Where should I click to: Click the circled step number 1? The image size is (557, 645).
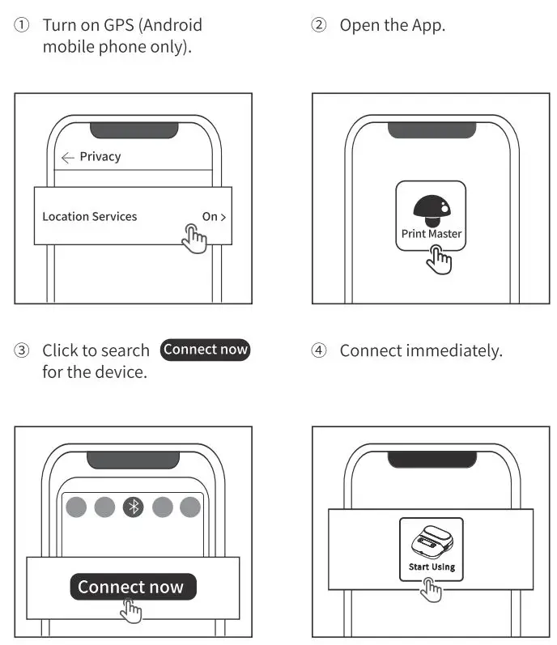tap(22, 26)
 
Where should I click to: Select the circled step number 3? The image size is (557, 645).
tap(22, 351)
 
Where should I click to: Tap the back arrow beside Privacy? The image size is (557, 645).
tap(67, 158)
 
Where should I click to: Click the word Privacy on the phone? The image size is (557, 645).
tap(100, 157)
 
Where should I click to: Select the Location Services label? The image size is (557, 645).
tap(90, 217)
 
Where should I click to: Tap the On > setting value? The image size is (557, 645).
tap(214, 217)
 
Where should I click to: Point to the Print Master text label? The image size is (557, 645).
tap(431, 234)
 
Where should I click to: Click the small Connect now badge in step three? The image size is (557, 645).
tap(206, 350)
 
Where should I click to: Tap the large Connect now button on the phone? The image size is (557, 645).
tap(131, 588)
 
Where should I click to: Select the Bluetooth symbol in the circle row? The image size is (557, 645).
tap(133, 507)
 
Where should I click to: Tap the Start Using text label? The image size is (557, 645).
tap(431, 567)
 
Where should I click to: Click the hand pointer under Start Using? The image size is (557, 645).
tap(432, 590)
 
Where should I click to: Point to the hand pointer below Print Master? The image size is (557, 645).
tap(440, 259)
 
